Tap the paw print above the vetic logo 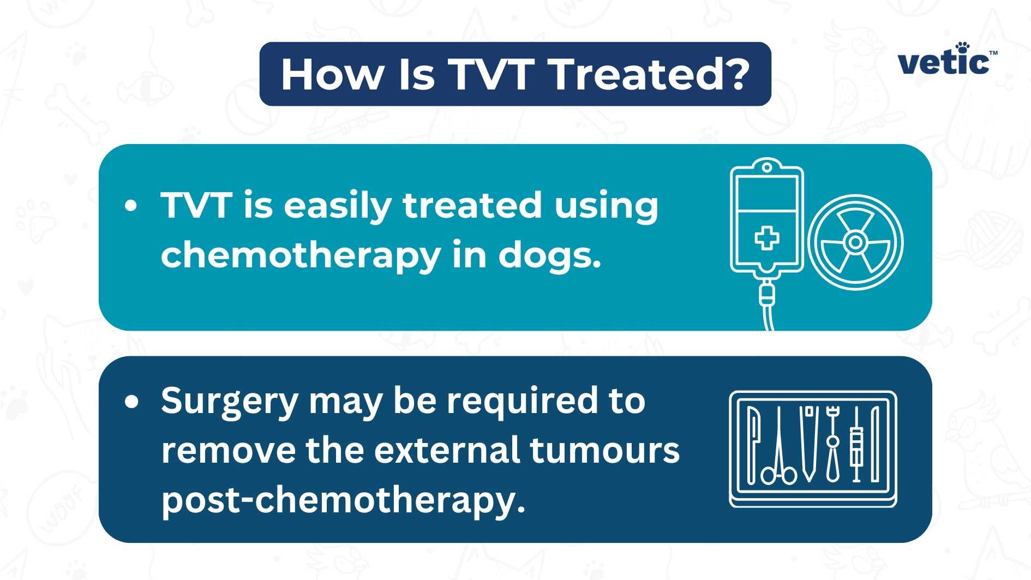pos(963,47)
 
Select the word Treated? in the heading pos(649,74)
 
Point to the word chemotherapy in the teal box pos(300,255)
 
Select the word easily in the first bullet pos(337,206)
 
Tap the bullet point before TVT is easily pos(130,206)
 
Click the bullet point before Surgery pos(131,402)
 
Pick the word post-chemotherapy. pos(343,500)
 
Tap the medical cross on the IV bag pos(766,238)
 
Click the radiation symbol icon pos(855,242)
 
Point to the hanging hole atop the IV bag pos(766,168)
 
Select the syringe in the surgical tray pos(856,445)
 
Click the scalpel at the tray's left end pos(753,445)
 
